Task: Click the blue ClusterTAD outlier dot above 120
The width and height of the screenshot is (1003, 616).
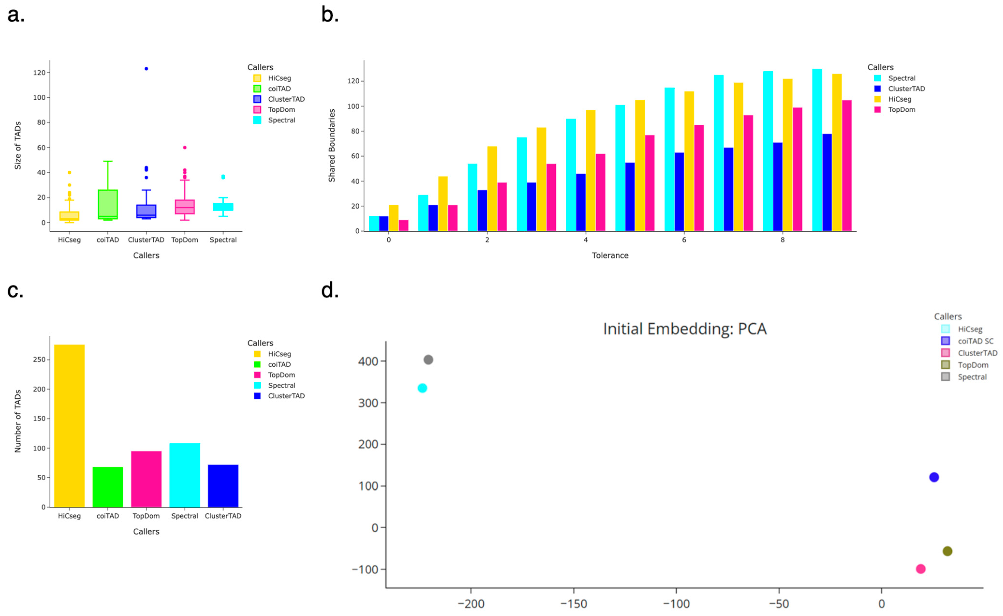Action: [x=146, y=69]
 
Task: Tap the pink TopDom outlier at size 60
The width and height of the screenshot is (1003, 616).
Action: [x=185, y=147]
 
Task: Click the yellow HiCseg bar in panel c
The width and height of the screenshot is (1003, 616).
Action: [x=69, y=426]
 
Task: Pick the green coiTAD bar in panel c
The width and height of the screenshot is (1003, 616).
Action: [x=108, y=487]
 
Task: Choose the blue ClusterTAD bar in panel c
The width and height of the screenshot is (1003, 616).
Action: [x=223, y=486]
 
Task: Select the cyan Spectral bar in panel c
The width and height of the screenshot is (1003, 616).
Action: [x=185, y=475]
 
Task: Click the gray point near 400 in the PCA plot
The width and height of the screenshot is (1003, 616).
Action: [x=428, y=360]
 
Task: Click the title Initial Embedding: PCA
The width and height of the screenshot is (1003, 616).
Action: [x=685, y=329]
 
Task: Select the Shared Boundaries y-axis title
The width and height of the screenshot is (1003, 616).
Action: [x=332, y=145]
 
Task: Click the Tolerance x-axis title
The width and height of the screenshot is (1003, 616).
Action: [x=610, y=255]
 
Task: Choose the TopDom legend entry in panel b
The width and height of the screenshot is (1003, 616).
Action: [x=902, y=110]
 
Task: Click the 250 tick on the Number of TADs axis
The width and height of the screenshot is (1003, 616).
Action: [x=39, y=360]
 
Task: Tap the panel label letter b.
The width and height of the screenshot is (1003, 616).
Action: [x=330, y=15]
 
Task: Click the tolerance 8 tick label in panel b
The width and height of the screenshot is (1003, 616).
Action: [x=782, y=240]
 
